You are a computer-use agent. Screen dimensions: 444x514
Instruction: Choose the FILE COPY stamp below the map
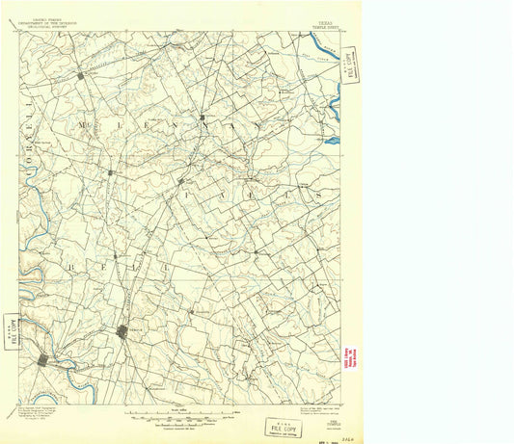pos(283,428)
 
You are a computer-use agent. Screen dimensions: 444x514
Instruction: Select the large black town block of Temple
pos(122,331)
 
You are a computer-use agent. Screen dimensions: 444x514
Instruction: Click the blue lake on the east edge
pos(333,141)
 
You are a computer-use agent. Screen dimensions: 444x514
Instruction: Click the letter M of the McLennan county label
pos(88,126)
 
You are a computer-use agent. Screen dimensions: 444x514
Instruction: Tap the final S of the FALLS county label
pos(314,194)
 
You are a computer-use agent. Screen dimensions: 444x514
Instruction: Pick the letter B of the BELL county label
pos(70,262)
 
